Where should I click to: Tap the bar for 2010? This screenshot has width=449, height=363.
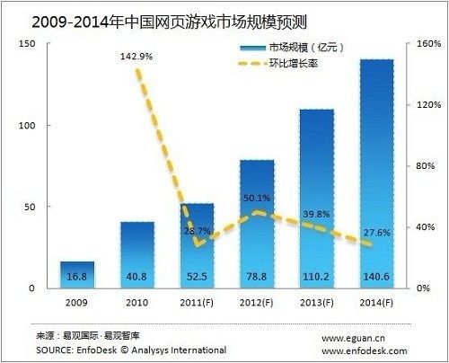coord(137,255)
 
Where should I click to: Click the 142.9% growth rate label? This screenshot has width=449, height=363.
coord(136,57)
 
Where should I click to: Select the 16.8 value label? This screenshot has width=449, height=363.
coord(77,278)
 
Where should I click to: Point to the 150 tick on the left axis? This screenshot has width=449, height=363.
coord(27,45)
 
